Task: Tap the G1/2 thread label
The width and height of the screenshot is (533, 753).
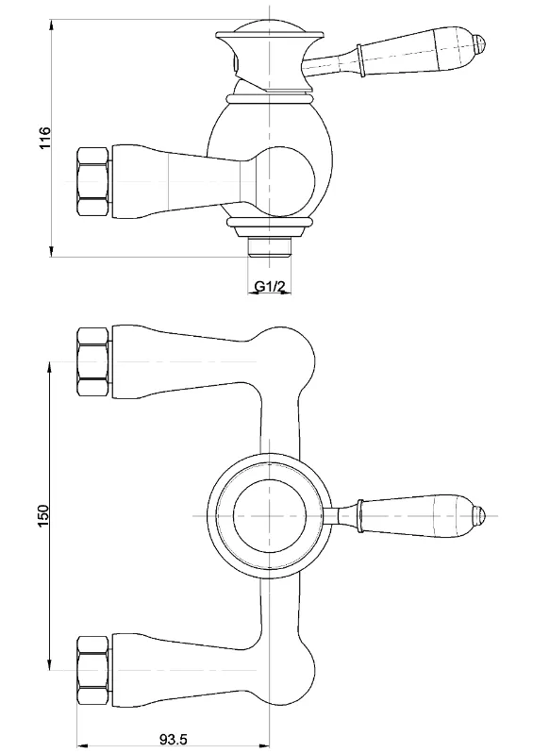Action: (x=270, y=287)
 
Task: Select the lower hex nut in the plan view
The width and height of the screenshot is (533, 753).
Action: (x=93, y=669)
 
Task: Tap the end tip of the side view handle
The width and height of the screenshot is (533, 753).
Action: (x=481, y=42)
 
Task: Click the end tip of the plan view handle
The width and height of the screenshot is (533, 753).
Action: (x=480, y=515)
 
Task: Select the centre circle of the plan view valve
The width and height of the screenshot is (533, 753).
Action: (x=270, y=515)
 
